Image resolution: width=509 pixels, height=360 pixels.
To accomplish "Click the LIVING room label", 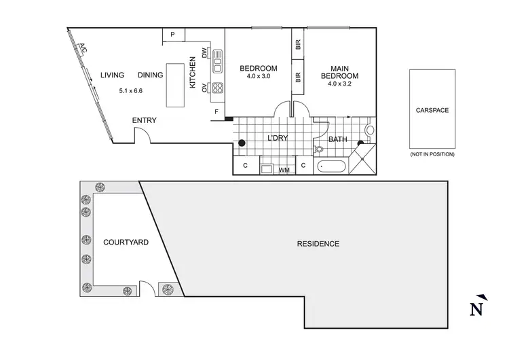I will (113, 75).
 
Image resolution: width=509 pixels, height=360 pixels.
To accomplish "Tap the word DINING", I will (150, 75).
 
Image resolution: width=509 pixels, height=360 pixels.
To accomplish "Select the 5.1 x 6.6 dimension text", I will (130, 90).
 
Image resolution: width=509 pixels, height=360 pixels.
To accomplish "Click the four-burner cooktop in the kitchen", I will (218, 87).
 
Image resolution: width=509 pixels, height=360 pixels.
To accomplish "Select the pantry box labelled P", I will (173, 35).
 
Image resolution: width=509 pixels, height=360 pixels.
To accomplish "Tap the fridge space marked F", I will (216, 111).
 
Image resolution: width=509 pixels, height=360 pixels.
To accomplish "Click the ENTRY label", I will (144, 121).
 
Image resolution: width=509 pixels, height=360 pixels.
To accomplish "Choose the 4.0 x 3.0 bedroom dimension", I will (259, 76).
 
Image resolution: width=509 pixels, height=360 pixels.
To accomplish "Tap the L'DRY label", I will (277, 139).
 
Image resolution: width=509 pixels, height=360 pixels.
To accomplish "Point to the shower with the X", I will (362, 162).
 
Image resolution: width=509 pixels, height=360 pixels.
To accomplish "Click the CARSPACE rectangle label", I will (432, 109).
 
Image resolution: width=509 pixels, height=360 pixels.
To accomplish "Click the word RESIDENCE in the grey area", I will (318, 243).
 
